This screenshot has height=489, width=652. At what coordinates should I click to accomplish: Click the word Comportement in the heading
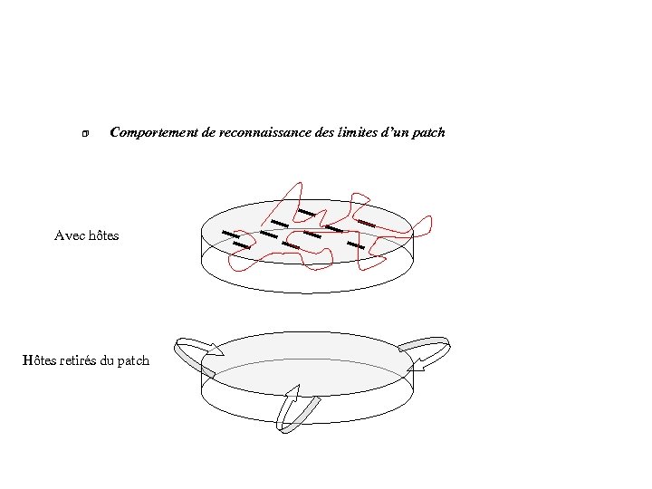(x=149, y=133)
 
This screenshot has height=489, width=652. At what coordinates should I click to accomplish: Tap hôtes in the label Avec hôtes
(x=103, y=235)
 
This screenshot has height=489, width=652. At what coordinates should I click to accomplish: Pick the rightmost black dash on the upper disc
(x=366, y=222)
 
